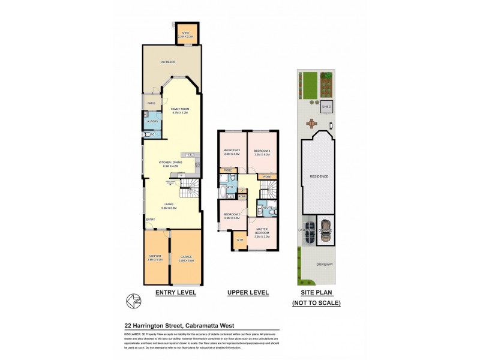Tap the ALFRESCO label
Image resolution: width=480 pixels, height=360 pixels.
[x=167, y=62]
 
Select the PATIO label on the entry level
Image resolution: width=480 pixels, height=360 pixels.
[x=151, y=104]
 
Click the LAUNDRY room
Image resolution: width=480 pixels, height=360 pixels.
[x=152, y=121]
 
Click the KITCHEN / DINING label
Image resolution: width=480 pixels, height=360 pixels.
[x=172, y=163]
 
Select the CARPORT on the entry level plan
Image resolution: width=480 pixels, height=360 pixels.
[x=155, y=258]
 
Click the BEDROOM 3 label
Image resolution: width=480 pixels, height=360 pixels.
[x=232, y=152]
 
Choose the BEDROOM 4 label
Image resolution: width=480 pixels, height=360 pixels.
[x=262, y=152]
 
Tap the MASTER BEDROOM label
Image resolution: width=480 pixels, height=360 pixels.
[x=262, y=231]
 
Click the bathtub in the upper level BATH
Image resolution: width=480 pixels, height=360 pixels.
[x=222, y=193]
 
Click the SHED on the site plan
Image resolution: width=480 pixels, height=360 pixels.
[x=326, y=107]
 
